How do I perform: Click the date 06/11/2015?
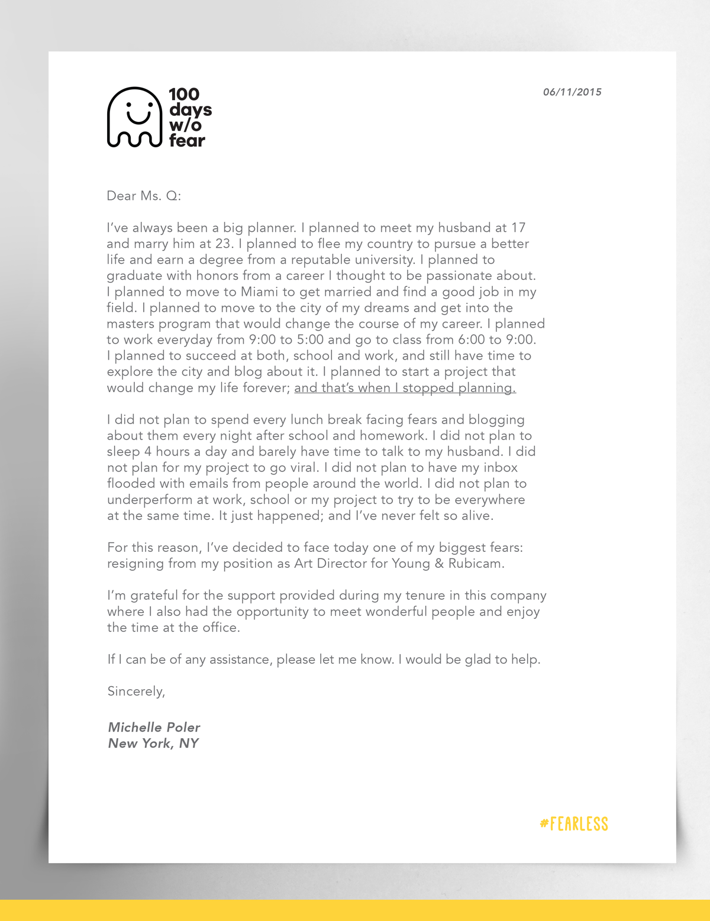click(572, 92)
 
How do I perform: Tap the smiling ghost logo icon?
click(134, 117)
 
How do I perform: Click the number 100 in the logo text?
click(184, 94)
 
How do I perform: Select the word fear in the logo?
click(187, 141)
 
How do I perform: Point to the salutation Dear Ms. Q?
click(144, 196)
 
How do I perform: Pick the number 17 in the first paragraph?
click(518, 228)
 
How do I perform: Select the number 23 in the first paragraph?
click(224, 244)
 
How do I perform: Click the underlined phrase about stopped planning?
click(405, 388)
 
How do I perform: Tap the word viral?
click(303, 467)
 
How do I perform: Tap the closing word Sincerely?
click(135, 691)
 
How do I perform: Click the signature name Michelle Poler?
click(154, 727)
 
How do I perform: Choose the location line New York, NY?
click(153, 744)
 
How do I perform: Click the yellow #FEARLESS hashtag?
click(574, 823)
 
